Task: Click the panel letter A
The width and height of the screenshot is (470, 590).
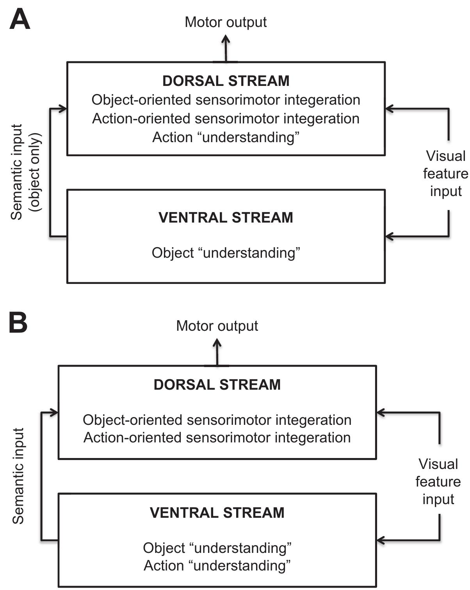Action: point(20,20)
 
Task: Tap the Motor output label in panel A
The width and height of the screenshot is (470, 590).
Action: point(226,22)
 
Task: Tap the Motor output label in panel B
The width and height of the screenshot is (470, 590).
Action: point(217,326)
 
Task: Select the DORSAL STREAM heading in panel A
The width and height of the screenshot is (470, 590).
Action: point(226,81)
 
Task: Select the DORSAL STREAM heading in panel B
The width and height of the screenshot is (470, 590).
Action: point(217,385)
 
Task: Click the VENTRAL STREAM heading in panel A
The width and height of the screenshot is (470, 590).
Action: point(226,217)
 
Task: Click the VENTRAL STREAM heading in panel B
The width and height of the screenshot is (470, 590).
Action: point(217,513)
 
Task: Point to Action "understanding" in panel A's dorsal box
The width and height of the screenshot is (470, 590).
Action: point(226,137)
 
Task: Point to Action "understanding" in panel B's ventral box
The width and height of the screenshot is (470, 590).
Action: point(217,565)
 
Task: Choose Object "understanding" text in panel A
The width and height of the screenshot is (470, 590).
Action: point(226,253)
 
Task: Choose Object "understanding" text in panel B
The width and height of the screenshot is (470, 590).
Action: point(217,548)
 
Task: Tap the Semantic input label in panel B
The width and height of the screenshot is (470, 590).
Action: point(18,476)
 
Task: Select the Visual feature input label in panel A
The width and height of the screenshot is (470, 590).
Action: point(445,174)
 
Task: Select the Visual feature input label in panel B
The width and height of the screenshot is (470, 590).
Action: point(438,481)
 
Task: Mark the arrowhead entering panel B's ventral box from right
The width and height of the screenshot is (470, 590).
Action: point(381,540)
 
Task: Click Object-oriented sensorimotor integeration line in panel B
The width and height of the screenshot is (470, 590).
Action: point(217,420)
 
